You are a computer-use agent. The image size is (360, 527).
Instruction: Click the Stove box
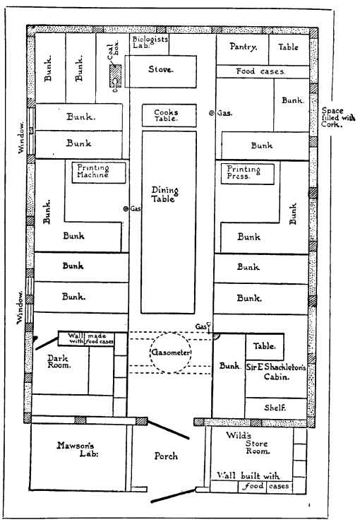point(160,71)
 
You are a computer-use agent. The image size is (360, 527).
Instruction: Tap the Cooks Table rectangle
point(169,115)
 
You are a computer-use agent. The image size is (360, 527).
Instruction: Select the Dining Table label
point(164,194)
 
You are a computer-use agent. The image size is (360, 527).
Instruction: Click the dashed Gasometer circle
point(171,333)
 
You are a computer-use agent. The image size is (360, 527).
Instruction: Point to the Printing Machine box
point(99,173)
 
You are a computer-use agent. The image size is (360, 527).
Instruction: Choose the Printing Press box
point(248,174)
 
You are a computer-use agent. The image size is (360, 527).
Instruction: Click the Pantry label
point(244,47)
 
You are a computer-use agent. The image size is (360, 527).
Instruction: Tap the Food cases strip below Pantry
point(263,71)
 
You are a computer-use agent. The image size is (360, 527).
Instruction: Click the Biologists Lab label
point(150,42)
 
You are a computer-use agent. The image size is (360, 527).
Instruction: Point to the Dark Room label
point(59,361)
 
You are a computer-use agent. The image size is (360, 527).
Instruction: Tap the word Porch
point(166,456)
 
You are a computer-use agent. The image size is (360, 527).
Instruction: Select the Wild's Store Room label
point(248,443)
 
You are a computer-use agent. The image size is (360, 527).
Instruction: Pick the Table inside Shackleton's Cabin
point(265,347)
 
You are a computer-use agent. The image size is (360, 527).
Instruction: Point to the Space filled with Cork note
point(337,117)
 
